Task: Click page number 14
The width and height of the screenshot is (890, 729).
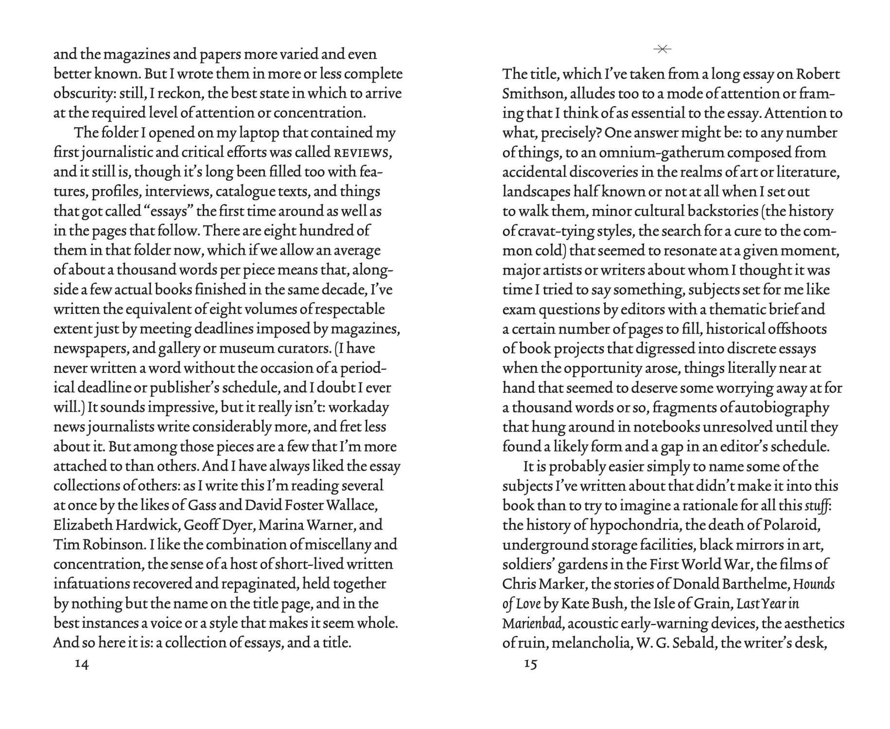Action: (x=82, y=664)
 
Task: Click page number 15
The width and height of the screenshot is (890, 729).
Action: (x=530, y=664)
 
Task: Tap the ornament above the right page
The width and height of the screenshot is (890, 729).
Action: (x=662, y=49)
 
